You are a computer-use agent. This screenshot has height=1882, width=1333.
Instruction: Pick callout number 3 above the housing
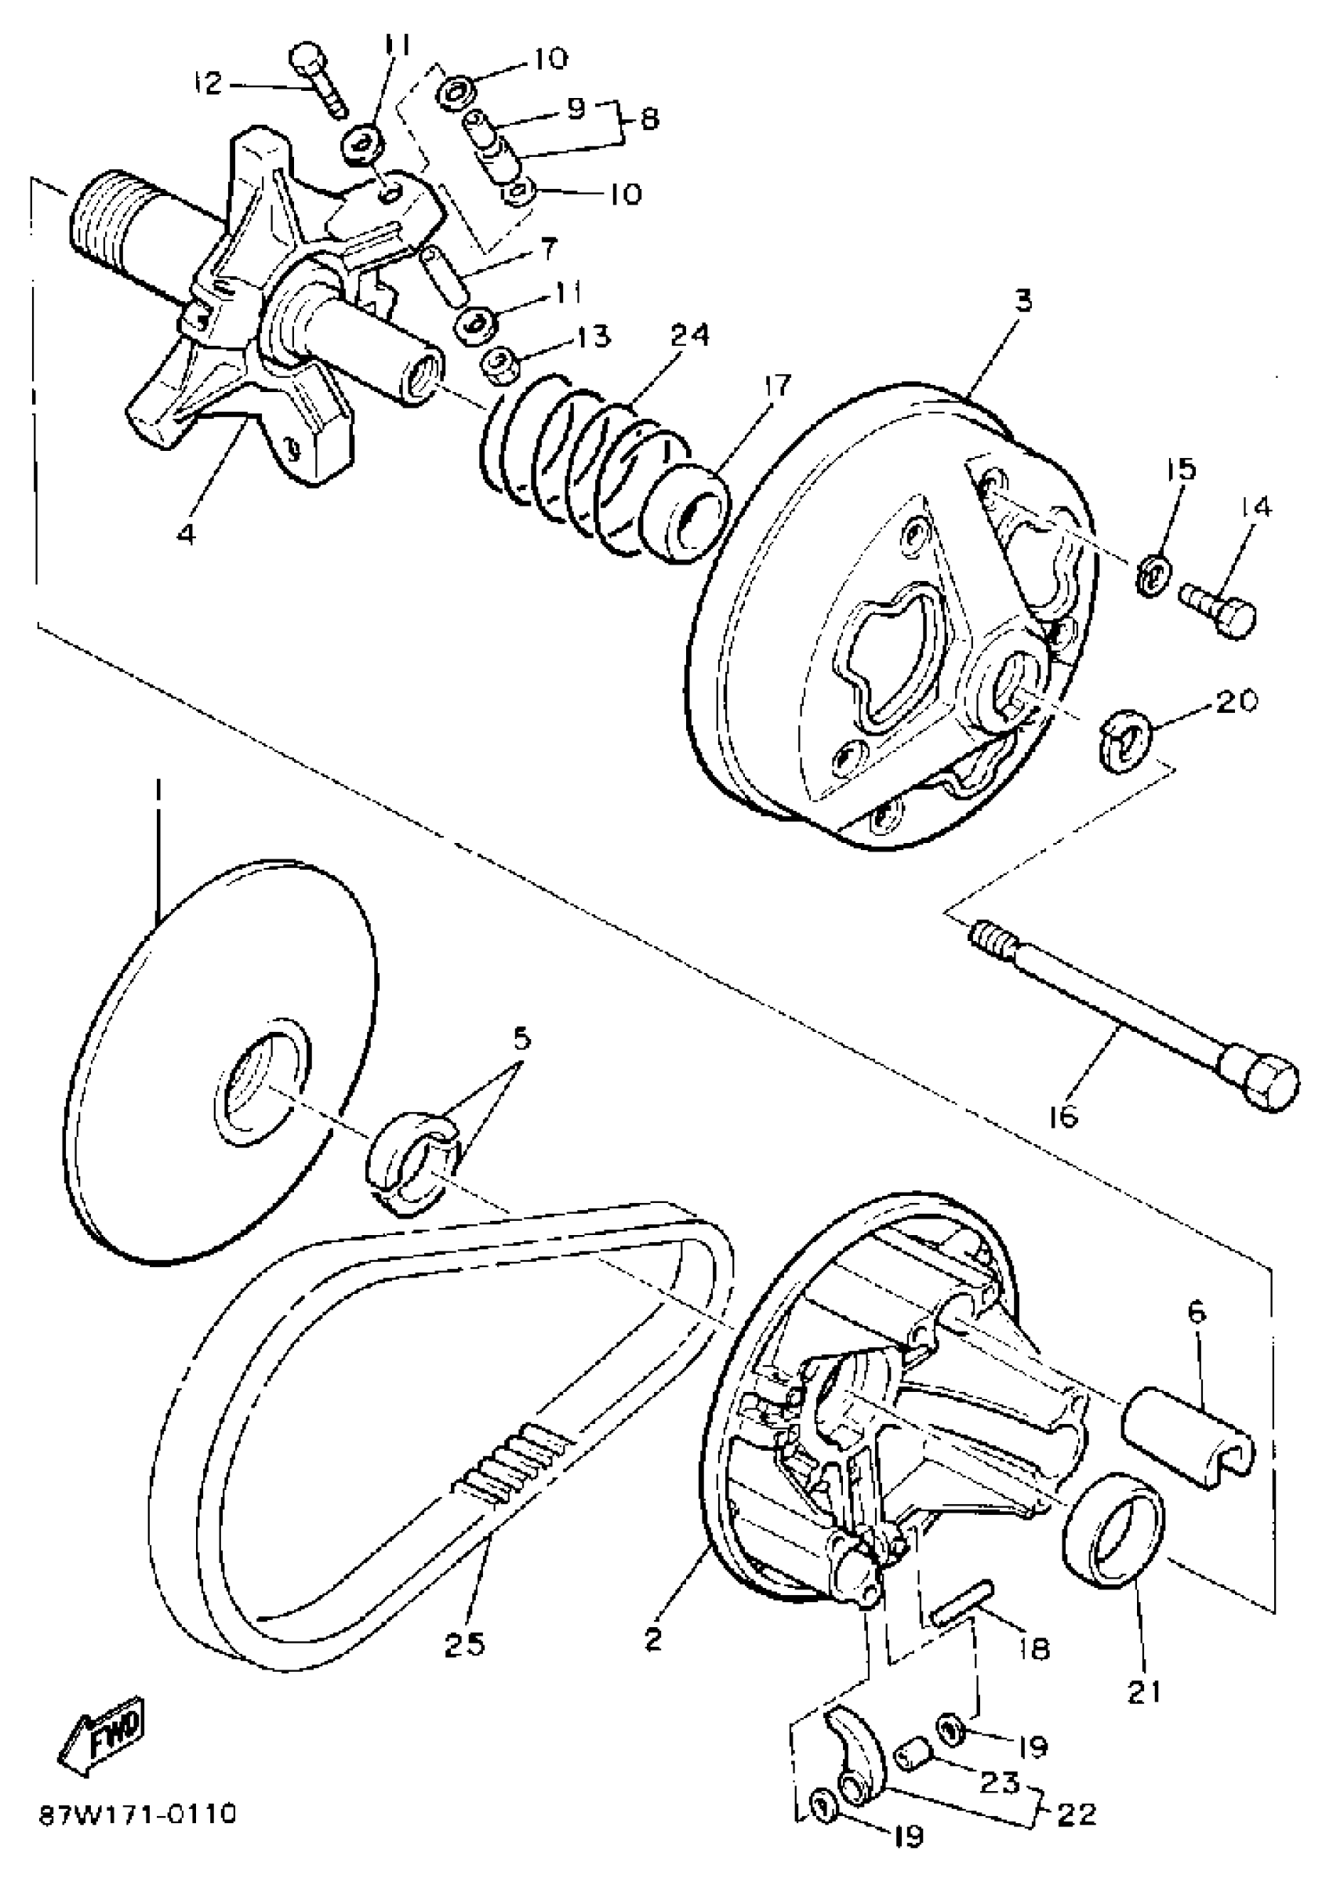(1022, 301)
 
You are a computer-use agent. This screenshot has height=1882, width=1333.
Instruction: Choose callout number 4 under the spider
(187, 533)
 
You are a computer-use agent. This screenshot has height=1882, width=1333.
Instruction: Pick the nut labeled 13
(498, 365)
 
